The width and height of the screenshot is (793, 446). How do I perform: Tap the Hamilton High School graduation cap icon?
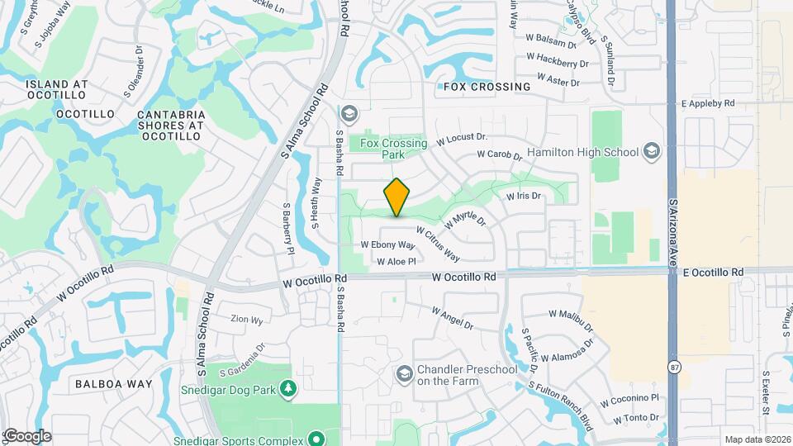(652, 152)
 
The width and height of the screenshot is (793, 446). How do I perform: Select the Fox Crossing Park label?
(394, 149)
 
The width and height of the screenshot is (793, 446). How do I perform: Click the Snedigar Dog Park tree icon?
(287, 387)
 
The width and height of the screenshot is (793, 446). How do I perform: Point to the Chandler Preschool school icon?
(404, 376)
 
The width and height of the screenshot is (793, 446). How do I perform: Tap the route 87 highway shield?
(676, 366)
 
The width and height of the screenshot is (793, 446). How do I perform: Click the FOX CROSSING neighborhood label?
(487, 87)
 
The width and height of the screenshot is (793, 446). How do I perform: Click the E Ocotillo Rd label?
(713, 272)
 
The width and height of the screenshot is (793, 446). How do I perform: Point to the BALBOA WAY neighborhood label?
(114, 384)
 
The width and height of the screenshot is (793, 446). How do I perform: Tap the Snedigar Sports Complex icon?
(314, 438)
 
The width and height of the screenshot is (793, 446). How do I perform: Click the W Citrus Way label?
(438, 244)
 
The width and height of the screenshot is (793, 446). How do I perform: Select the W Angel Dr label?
(452, 318)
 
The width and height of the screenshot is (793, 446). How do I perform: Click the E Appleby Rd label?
(707, 104)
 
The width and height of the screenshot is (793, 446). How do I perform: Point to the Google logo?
(26, 435)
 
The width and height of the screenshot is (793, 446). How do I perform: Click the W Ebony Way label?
(387, 245)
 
